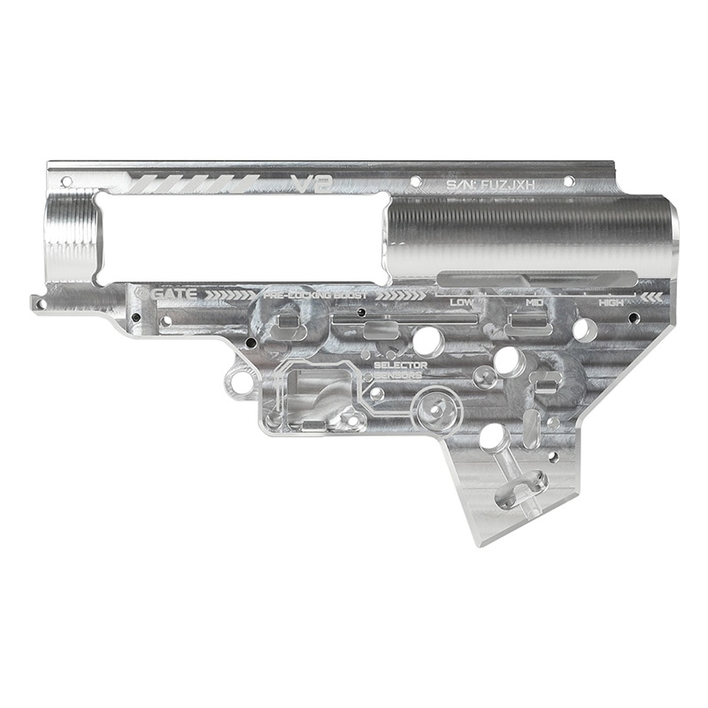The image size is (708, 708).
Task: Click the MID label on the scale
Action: [534, 303]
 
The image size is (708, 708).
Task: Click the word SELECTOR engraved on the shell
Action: [400, 365]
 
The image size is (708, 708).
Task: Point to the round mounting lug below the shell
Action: [239, 382]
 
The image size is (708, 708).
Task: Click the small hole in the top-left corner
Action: [65, 181]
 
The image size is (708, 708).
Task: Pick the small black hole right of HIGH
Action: [634, 316]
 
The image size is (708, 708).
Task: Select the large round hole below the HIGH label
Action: [584, 330]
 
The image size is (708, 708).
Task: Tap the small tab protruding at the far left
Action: [39, 304]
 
